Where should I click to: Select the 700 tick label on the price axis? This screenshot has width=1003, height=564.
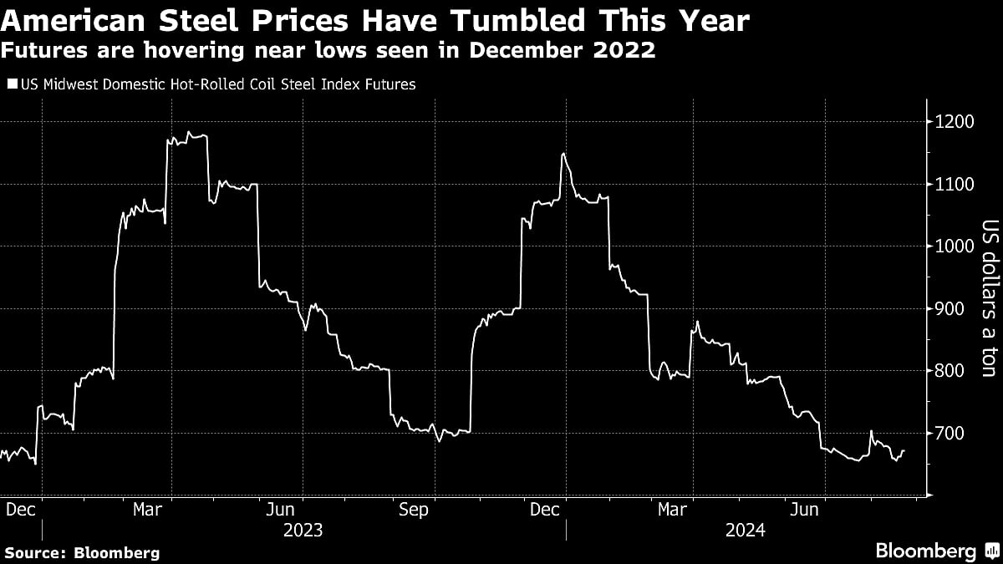coord(950,433)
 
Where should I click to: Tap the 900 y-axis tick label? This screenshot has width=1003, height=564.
coord(950,309)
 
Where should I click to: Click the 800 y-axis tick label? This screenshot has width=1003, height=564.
coord(950,371)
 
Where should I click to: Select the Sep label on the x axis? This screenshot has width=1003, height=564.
coord(413,510)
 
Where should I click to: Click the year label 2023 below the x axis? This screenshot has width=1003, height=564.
coord(302,530)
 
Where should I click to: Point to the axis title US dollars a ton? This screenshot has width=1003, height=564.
coord(990,298)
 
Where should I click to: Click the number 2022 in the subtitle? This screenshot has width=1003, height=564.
coord(624,50)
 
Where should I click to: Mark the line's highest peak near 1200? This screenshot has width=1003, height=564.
coord(190,132)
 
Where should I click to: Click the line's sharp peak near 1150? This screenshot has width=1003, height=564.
coord(563,154)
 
